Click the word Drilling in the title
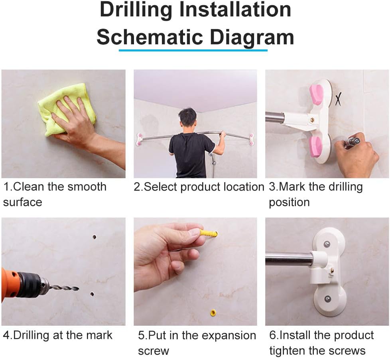click(x=136, y=10)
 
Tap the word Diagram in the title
click(x=252, y=37)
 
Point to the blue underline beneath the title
click(x=193, y=50)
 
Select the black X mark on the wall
click(x=338, y=98)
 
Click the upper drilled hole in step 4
click(x=94, y=237)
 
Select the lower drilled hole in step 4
click(x=92, y=294)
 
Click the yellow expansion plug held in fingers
click(x=209, y=234)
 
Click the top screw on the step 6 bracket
click(x=327, y=245)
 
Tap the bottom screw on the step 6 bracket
click(x=328, y=299)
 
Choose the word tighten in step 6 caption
click(x=287, y=351)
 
